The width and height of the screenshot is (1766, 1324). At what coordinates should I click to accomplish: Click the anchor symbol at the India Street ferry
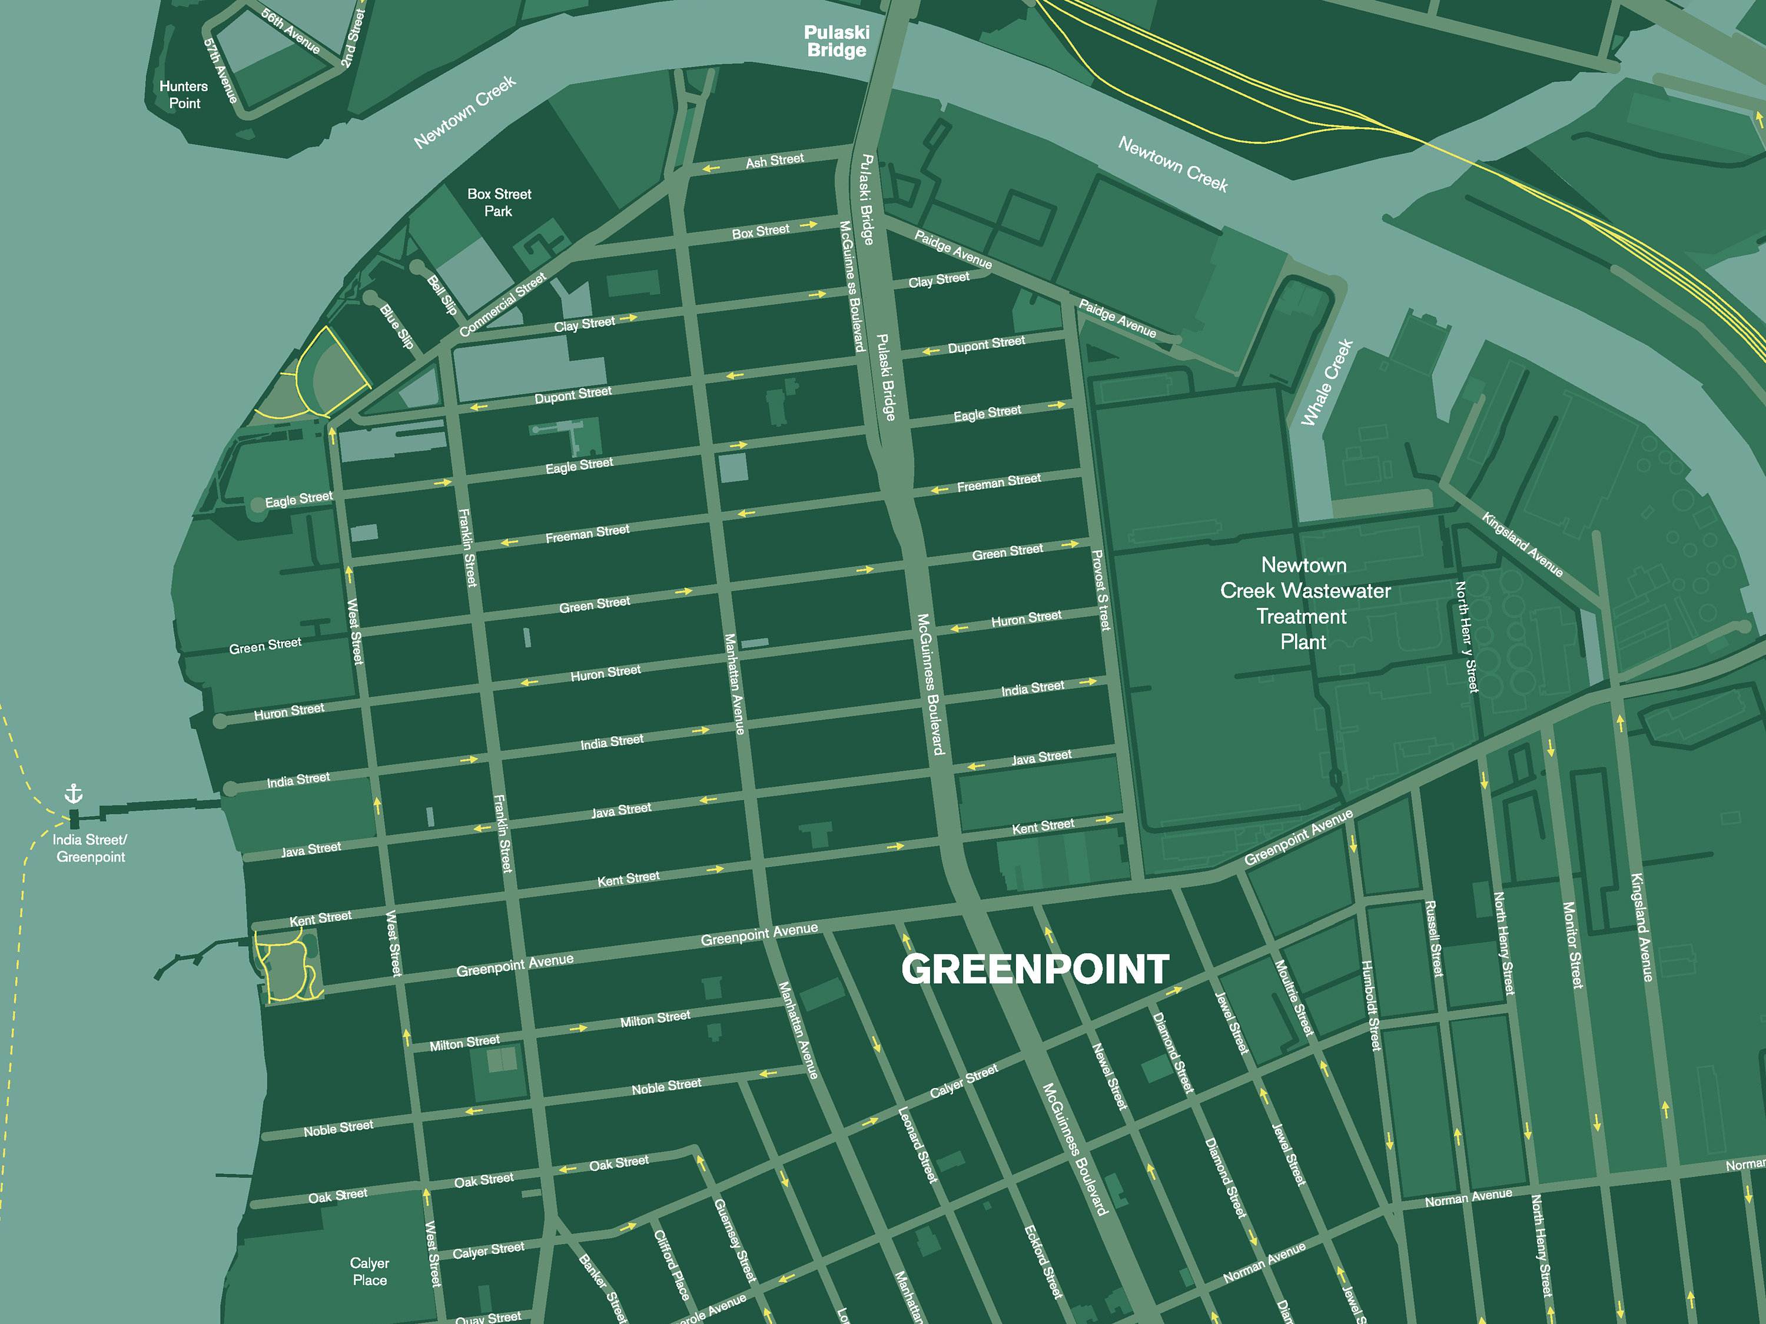coord(74,793)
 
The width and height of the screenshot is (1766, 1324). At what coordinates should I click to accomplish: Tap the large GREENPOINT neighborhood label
coord(1035,970)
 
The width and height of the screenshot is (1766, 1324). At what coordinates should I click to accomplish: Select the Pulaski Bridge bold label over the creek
coord(836,42)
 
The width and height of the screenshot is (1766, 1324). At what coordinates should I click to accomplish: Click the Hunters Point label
coord(184,94)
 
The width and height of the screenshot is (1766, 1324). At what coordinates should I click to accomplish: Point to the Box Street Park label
coord(499,202)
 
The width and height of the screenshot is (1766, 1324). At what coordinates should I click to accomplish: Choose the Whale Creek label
coord(1326,382)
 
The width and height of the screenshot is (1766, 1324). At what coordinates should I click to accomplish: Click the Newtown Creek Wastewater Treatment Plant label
coord(1304,603)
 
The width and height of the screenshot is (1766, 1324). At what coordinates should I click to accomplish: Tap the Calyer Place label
coord(369,1271)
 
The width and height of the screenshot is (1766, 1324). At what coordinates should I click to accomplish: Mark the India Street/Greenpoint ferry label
coord(90,847)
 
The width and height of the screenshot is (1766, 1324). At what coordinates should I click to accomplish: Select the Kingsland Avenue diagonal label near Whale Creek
coord(1522,544)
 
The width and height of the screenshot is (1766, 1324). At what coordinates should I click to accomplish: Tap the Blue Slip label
coord(397,325)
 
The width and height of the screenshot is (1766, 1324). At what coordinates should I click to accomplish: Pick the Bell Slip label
coord(441,294)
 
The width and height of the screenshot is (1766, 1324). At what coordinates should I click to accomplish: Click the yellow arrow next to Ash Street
coord(711,168)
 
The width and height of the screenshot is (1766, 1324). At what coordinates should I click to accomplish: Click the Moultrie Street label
coord(1293,997)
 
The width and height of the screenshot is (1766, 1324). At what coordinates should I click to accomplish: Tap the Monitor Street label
coord(1572,945)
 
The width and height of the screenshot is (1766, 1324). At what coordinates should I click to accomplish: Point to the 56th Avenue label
coord(291,31)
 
